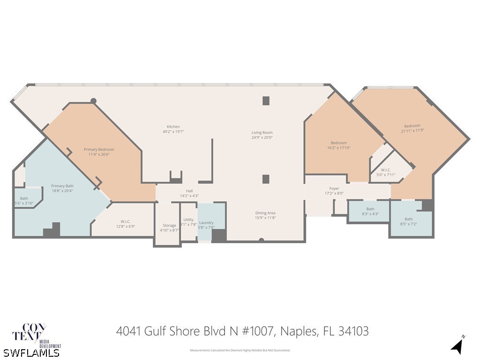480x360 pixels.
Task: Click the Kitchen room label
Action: (173, 127)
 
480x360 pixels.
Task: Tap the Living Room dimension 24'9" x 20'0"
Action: (262, 138)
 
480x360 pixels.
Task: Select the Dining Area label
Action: (265, 213)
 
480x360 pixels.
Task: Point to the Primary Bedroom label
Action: (99, 150)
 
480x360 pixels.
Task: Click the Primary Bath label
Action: (62, 186)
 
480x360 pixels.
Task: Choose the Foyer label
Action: (334, 188)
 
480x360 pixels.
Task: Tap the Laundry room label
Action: (206, 223)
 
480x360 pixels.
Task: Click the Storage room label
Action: (169, 225)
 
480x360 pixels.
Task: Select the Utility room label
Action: (188, 219)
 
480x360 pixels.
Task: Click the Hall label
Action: (189, 191)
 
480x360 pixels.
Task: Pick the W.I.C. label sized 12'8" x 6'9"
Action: (125, 221)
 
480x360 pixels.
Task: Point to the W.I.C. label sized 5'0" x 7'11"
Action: (386, 170)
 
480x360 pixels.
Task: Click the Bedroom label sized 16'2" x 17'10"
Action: (338, 143)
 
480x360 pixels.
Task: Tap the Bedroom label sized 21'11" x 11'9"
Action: (412, 126)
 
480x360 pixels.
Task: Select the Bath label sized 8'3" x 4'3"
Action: (370, 209)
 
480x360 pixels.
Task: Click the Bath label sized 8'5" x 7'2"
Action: (409, 219)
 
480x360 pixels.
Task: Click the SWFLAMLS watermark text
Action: (31, 352)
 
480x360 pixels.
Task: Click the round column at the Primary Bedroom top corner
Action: (93, 101)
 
